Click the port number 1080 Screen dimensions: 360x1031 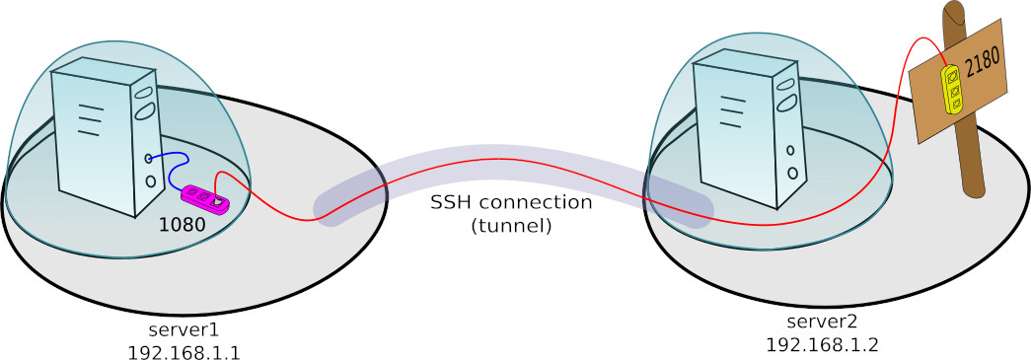(182, 224)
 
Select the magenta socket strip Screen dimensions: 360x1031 (204, 198)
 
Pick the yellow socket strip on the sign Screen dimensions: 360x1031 (952, 89)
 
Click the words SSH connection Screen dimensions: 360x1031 (511, 202)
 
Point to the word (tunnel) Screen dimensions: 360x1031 (511, 225)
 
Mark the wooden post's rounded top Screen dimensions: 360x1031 (954, 13)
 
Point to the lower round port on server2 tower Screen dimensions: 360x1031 (792, 173)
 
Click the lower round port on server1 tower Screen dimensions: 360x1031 (150, 181)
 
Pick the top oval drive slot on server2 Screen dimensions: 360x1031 (785, 78)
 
